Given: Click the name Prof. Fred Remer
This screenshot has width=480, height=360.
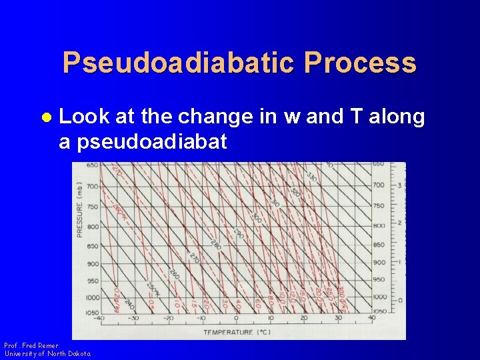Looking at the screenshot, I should click(31, 346).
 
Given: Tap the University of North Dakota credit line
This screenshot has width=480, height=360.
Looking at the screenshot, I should click(47, 353).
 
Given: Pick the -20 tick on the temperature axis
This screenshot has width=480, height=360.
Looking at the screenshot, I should click(169, 318).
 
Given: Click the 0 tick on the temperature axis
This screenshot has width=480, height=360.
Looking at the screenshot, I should click(237, 318).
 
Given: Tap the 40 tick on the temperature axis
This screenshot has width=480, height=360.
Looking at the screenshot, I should click(372, 318).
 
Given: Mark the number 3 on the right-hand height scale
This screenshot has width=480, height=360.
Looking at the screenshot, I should click(399, 185).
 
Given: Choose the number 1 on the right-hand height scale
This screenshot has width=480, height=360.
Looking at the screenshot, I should click(399, 262).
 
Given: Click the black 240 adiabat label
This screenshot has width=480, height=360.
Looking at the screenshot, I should click(129, 304).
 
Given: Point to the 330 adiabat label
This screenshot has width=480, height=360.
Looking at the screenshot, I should click(311, 176).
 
